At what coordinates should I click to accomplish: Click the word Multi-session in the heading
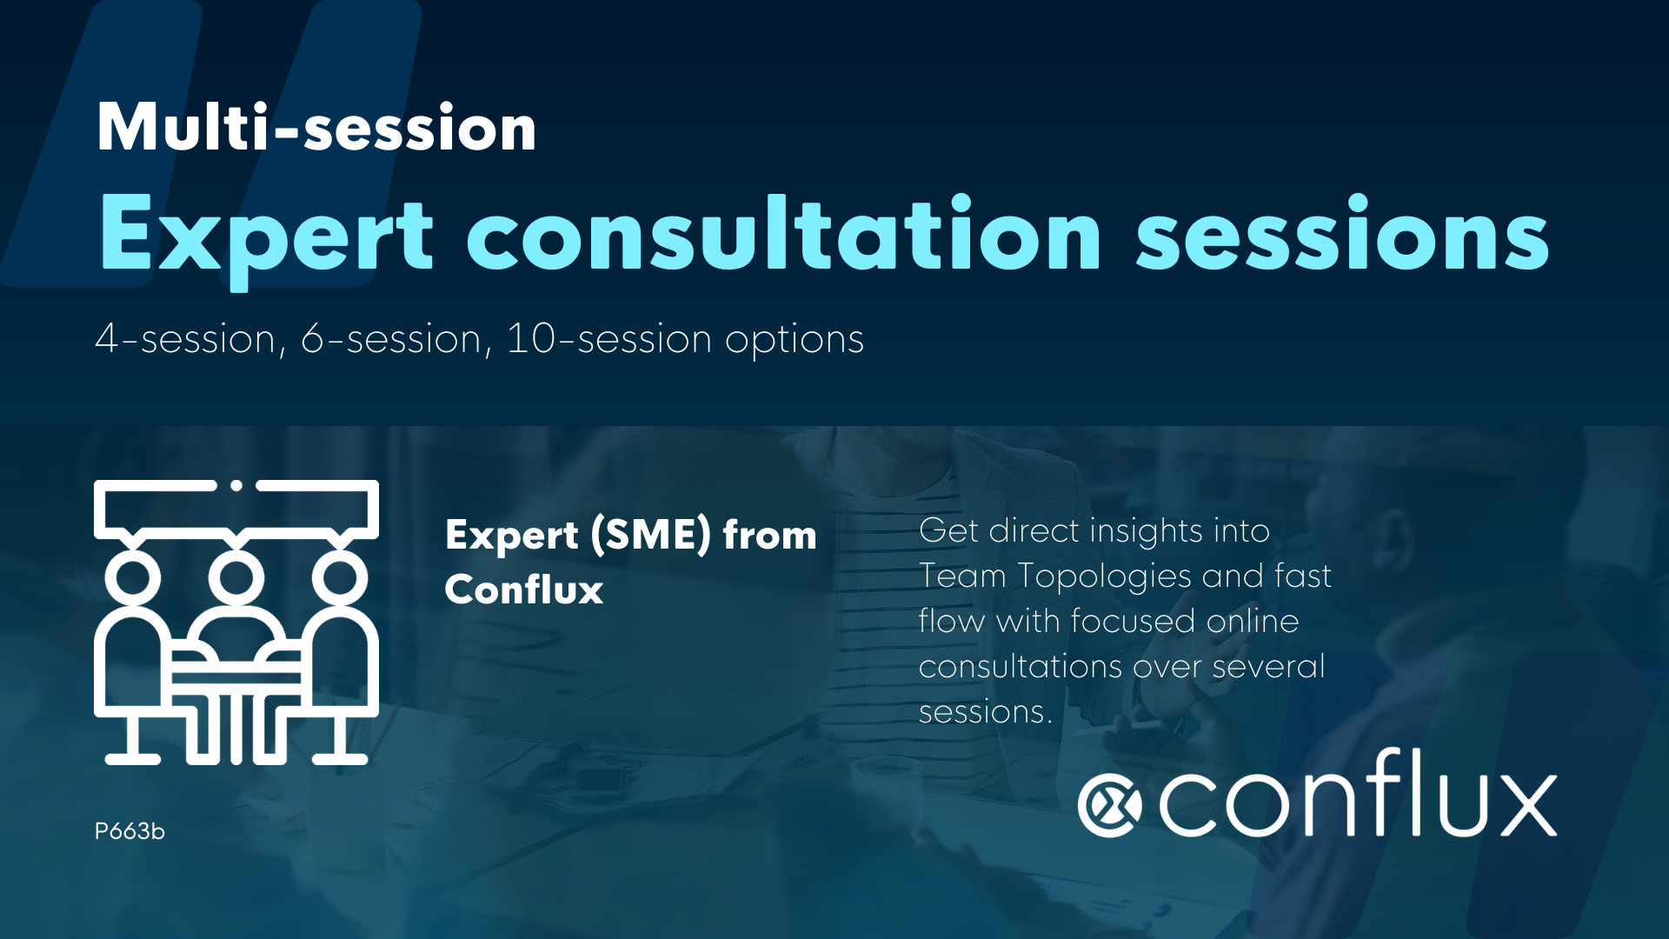coord(316,128)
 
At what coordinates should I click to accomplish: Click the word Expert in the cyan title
coord(265,235)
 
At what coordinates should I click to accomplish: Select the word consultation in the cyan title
coord(783,235)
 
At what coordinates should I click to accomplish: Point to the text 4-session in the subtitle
coord(185,339)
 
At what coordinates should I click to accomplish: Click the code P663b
coord(129,831)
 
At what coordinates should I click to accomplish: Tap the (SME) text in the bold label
coord(650,534)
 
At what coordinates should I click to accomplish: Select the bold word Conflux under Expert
coord(523,589)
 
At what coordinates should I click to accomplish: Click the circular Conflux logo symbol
coord(1109,805)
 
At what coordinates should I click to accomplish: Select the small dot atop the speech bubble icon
coord(236,486)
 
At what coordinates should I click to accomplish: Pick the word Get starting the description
coord(948,530)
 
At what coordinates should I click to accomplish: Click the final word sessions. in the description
coord(985,712)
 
